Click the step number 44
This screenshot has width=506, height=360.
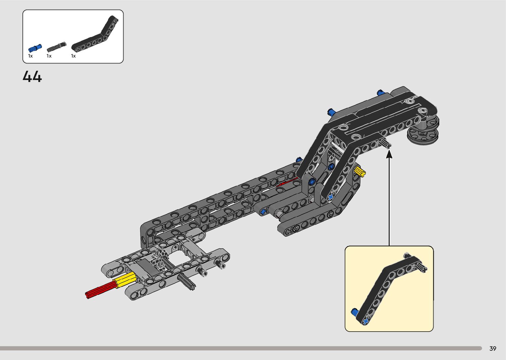click(x=32, y=77)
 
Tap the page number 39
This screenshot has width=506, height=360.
click(x=493, y=348)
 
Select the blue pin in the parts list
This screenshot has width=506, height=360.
click(x=35, y=48)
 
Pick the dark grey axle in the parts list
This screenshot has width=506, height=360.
click(x=56, y=47)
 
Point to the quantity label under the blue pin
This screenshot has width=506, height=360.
click(x=30, y=56)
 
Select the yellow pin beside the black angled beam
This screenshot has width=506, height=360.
click(x=360, y=172)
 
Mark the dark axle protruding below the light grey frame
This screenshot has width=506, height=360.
click(x=187, y=282)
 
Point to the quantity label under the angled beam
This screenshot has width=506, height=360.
click(x=73, y=56)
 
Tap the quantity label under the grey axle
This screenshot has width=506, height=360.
click(x=49, y=56)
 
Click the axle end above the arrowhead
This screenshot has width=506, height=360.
click(x=385, y=143)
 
